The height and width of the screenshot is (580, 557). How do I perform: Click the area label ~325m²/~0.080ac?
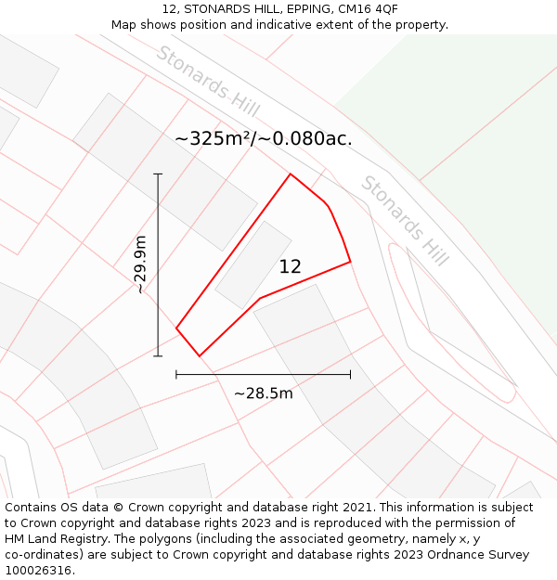pos(264,139)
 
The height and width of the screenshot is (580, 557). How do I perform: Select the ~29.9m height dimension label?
pos(140,264)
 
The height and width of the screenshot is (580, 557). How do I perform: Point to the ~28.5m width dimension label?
pos(263,393)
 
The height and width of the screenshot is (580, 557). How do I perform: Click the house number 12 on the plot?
pos(291,267)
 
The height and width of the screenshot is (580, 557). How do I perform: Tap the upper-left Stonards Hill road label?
pos(207,81)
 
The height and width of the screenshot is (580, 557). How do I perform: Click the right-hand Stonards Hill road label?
pos(404,221)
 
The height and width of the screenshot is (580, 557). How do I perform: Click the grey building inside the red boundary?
pos(253,264)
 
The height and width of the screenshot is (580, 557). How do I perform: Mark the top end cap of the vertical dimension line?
pos(158,174)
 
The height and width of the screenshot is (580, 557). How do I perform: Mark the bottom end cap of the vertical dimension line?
pos(158,355)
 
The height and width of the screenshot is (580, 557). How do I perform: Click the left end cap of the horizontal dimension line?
pos(176,374)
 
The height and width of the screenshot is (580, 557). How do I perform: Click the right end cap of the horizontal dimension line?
pos(350,374)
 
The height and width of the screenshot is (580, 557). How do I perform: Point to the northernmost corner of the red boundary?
pos(291,174)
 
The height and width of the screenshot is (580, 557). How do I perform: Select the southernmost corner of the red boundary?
pos(199,355)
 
